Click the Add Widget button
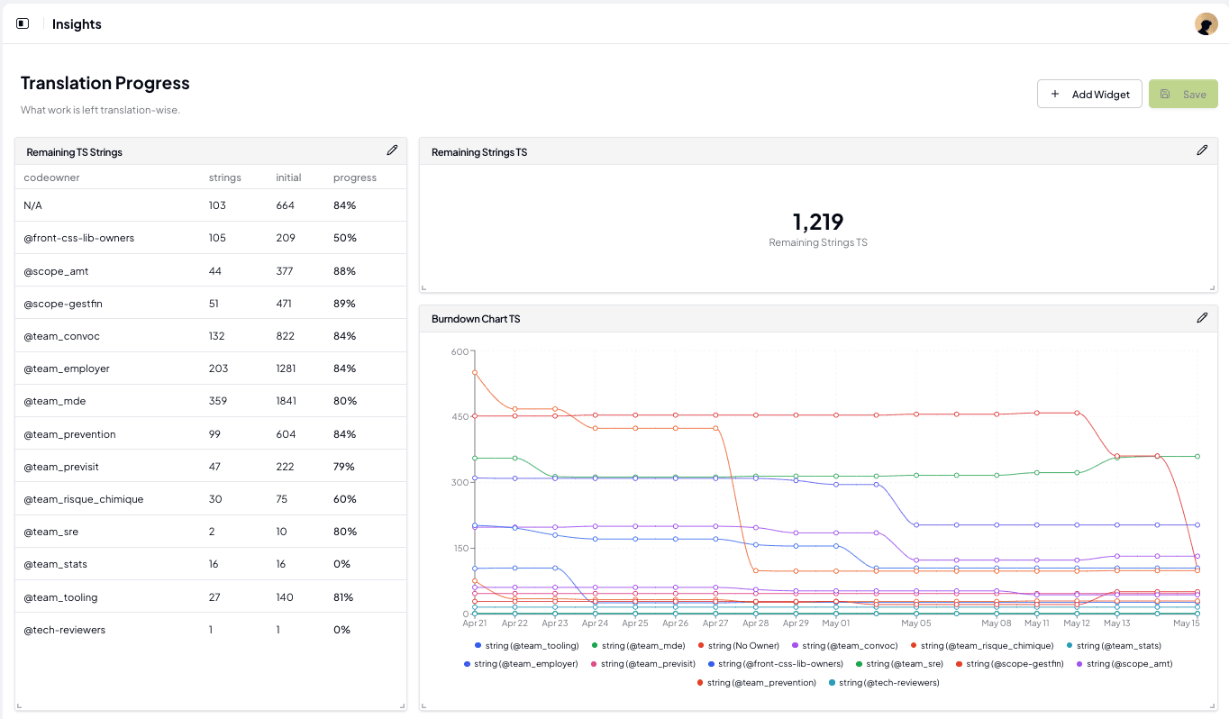(x=1089, y=95)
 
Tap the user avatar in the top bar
(x=1206, y=24)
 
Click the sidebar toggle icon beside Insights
(x=23, y=24)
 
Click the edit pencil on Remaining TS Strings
(x=392, y=150)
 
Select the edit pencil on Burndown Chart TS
(x=1202, y=317)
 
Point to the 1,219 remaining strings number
(x=817, y=222)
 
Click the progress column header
(x=355, y=177)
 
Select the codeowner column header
(x=51, y=177)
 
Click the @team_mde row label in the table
(x=55, y=401)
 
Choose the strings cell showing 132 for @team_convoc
(x=218, y=336)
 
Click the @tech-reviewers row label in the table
(x=65, y=630)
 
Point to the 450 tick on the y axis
(x=460, y=416)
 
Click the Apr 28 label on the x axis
(x=755, y=623)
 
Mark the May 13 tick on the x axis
(x=1116, y=623)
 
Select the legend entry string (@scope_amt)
(x=1128, y=664)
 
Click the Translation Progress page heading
(x=105, y=83)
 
